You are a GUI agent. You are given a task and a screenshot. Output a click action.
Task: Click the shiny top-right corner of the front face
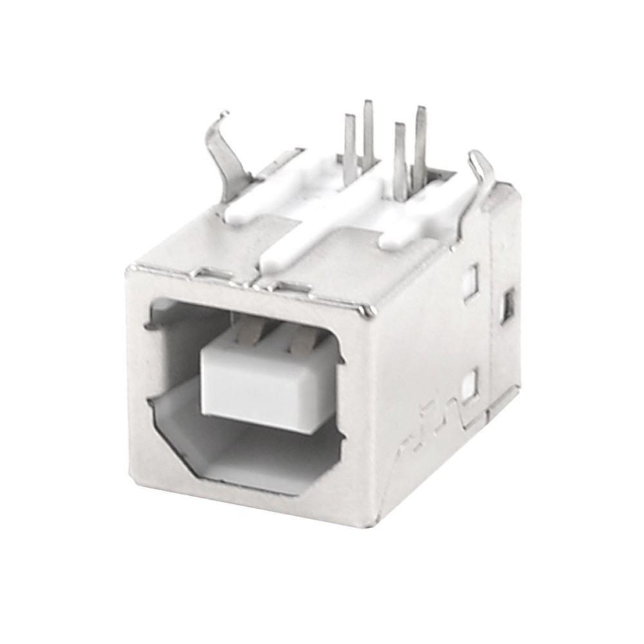tap(368, 312)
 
